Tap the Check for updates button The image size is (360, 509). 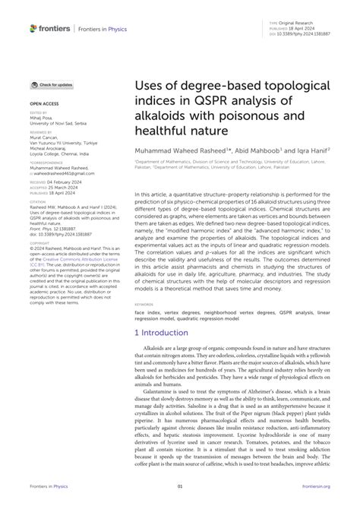pos(52,85)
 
